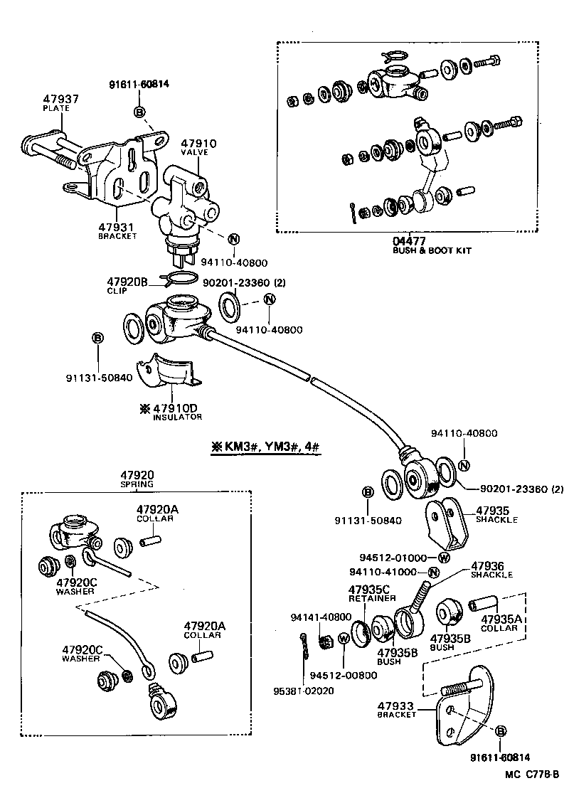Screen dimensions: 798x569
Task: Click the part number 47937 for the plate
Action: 60,99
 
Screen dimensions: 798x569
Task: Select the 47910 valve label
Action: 183,143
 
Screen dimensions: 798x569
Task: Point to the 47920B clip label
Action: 127,282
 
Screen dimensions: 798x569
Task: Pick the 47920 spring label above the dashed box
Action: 137,475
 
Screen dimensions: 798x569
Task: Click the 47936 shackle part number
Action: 488,565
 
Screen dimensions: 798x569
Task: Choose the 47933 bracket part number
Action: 396,705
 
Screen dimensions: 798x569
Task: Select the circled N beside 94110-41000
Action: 434,573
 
